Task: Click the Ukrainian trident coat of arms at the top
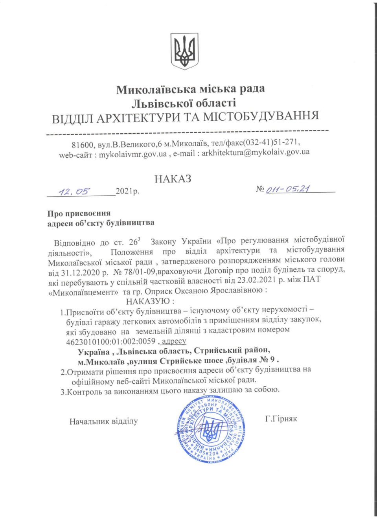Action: tap(184, 52)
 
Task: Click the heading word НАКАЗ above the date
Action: tap(173, 179)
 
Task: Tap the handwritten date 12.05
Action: tap(74, 191)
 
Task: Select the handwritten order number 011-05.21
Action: tap(288, 189)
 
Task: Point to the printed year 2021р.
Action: tap(127, 191)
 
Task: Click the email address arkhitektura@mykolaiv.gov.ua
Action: tap(256, 153)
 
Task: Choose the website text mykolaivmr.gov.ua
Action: tap(132, 154)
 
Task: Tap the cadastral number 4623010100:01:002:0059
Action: tap(110, 341)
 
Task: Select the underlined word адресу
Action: tap(174, 341)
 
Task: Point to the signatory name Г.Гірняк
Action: tap(281, 419)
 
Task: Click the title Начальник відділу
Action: tap(103, 421)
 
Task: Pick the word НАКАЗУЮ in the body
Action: tap(148, 302)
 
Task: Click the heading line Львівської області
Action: tap(184, 103)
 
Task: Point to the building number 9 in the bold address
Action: tap(272, 360)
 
